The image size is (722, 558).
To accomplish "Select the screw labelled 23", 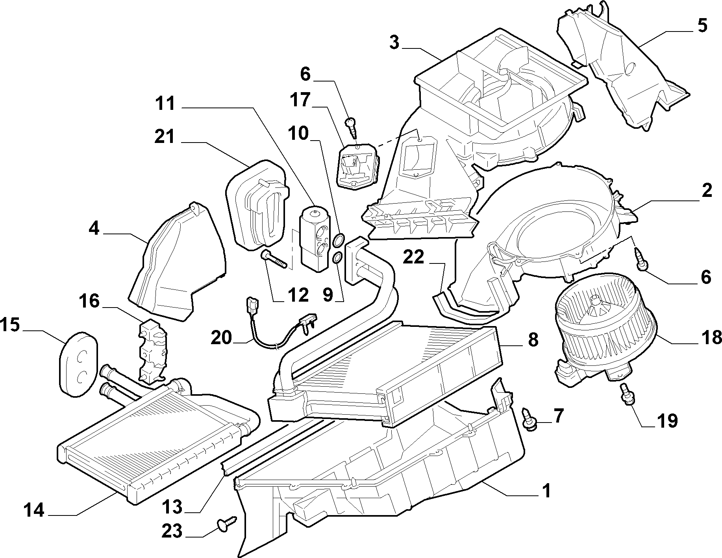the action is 226,522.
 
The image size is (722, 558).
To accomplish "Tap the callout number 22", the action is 413,258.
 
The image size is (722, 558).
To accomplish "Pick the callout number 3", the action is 394,43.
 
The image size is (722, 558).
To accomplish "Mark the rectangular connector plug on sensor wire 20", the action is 251,303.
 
